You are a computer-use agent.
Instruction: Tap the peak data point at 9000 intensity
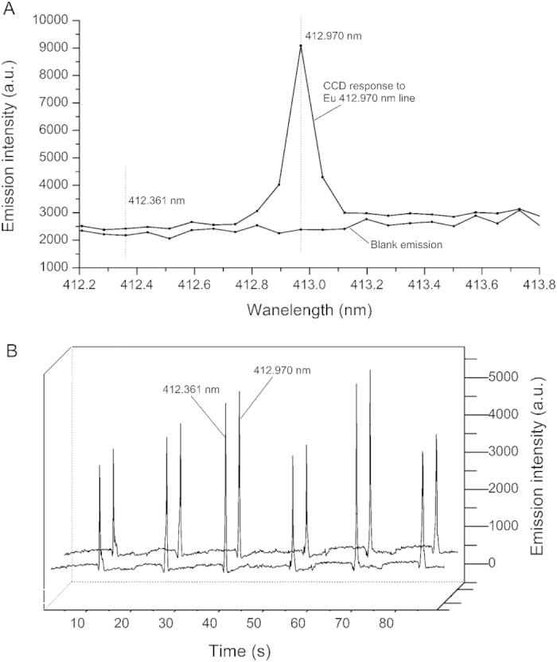[x=300, y=46]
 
